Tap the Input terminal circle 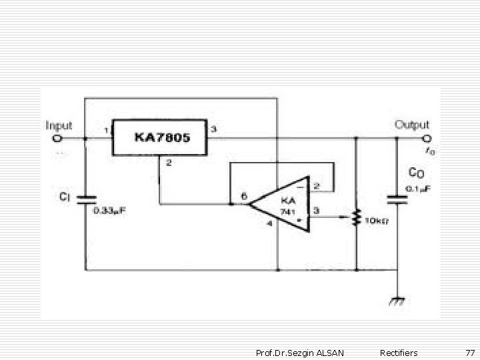pos(57,139)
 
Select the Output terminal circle pos(427,139)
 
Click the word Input pos(59,125)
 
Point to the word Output pos(412,125)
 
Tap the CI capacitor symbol pos(85,198)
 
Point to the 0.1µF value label pos(419,189)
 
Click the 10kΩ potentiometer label pos(379,221)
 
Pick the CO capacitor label pos(415,173)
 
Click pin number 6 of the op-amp pos(244,197)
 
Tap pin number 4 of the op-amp pos(269,224)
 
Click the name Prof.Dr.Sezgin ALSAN pos(300,353)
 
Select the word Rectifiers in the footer pos(398,353)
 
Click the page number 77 pos(470,353)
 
